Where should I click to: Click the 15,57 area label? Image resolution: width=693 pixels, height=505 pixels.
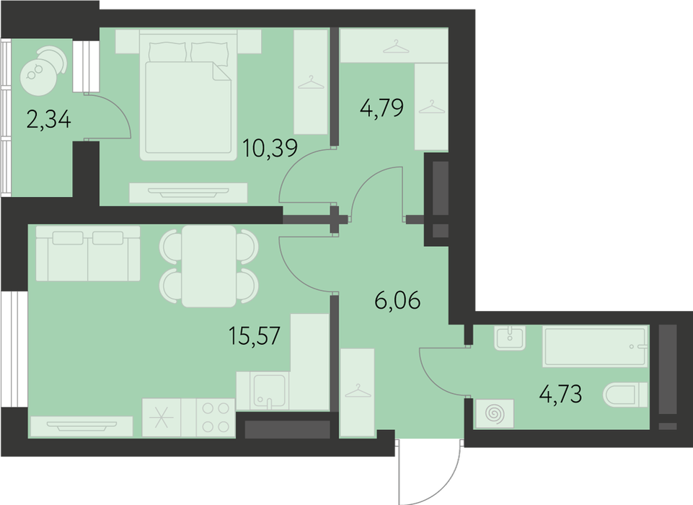tap(255, 335)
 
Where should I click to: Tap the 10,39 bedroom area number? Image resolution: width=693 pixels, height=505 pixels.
tap(270, 148)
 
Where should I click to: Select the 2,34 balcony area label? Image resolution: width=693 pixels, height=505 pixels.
tap(48, 119)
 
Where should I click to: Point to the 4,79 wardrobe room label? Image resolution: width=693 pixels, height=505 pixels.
tap(382, 107)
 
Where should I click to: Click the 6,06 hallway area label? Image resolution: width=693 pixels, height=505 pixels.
tap(397, 301)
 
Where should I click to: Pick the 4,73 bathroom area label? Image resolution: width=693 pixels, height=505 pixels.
tap(561, 394)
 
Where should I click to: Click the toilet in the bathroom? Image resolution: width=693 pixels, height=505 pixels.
tap(626, 395)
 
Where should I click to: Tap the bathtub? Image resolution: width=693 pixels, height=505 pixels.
tap(595, 347)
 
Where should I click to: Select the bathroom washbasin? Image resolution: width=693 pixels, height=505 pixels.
tap(510, 338)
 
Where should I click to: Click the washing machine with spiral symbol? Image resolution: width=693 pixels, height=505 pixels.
tap(495, 413)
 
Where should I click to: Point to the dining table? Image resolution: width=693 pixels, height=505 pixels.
tap(208, 266)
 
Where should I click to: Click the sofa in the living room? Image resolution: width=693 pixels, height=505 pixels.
tap(88, 253)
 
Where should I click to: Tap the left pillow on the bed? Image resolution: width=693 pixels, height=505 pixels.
tap(168, 52)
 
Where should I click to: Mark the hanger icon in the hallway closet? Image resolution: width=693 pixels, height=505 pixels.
tap(358, 391)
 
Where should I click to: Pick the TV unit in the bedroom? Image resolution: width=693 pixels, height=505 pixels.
tap(188, 193)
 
